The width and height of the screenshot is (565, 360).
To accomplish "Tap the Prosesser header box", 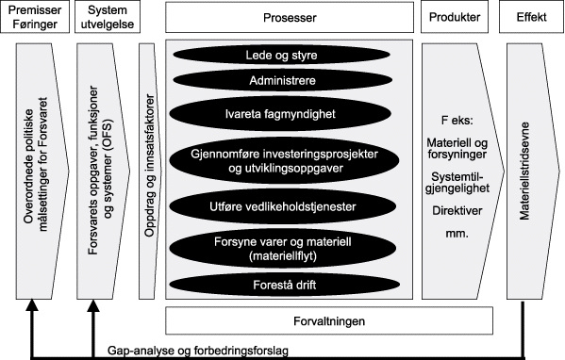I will pyautogui.click(x=291, y=17).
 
